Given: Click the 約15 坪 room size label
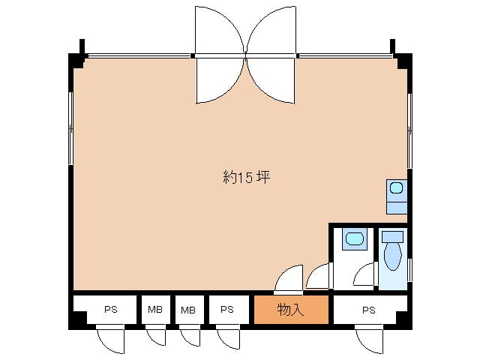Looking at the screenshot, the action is pyautogui.click(x=247, y=177).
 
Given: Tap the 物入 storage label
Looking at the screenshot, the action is pyautogui.click(x=290, y=310).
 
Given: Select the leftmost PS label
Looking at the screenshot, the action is pyautogui.click(x=111, y=310).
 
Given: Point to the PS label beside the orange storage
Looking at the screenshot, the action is pyautogui.click(x=227, y=310).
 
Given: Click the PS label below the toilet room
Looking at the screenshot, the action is pyautogui.click(x=369, y=310).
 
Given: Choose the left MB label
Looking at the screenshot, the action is pyautogui.click(x=155, y=310).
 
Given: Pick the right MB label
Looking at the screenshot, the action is pyautogui.click(x=188, y=310).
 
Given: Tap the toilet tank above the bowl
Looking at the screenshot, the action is pyautogui.click(x=393, y=237).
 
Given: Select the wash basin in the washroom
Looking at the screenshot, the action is pyautogui.click(x=355, y=238).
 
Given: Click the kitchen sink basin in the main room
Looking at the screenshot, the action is pyautogui.click(x=397, y=187).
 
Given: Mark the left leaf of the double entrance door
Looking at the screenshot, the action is pyautogui.click(x=220, y=55).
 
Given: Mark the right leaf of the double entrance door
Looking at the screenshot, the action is pyautogui.click(x=271, y=55).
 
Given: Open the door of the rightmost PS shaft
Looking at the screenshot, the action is pyautogui.click(x=369, y=340).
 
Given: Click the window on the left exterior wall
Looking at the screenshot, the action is pyautogui.click(x=70, y=128).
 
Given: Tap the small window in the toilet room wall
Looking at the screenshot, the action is pyautogui.click(x=410, y=270).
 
